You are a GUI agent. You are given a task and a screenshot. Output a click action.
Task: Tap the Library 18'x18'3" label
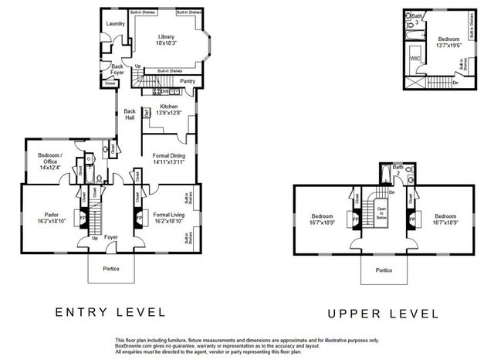pos(167,40)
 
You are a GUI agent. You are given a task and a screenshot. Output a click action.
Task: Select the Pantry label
pos(187,80)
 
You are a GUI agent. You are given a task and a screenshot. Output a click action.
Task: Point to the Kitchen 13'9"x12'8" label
pos(169,110)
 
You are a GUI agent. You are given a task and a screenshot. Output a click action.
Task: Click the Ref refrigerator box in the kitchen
pos(146,112)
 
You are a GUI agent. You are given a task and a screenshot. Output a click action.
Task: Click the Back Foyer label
pos(117,69)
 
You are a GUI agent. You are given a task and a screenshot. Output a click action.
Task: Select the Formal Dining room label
pos(169,158)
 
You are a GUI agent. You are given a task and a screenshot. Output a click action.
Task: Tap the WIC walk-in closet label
pos(415,58)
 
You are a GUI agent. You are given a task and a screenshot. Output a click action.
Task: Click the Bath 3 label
pos(418,19)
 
